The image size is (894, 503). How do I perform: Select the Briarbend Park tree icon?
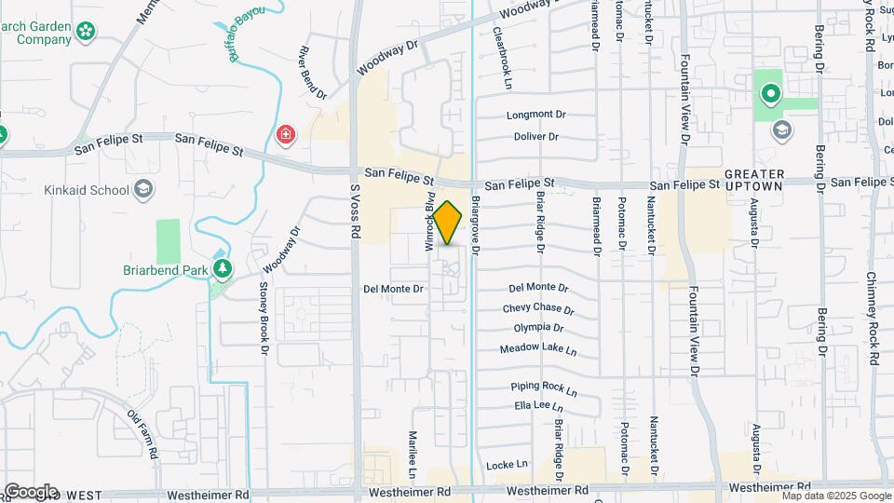[x=222, y=269]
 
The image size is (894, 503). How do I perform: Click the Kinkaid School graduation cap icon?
[x=143, y=190]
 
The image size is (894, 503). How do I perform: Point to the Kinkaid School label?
[x=86, y=190]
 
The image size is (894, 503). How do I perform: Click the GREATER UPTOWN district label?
[x=754, y=182]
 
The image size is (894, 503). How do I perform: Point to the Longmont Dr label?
[x=535, y=116]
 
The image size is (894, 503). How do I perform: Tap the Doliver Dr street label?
[x=535, y=137]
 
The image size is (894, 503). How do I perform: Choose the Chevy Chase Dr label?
[x=538, y=308]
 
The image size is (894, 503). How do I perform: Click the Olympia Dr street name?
[x=538, y=328]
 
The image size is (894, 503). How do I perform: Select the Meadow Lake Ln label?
[x=538, y=350]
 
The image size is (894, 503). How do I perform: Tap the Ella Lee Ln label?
[x=538, y=406]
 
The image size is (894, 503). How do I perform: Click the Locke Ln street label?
[x=507, y=464]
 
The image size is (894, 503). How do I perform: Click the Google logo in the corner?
[x=30, y=491]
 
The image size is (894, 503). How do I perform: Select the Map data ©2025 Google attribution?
[x=835, y=496]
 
